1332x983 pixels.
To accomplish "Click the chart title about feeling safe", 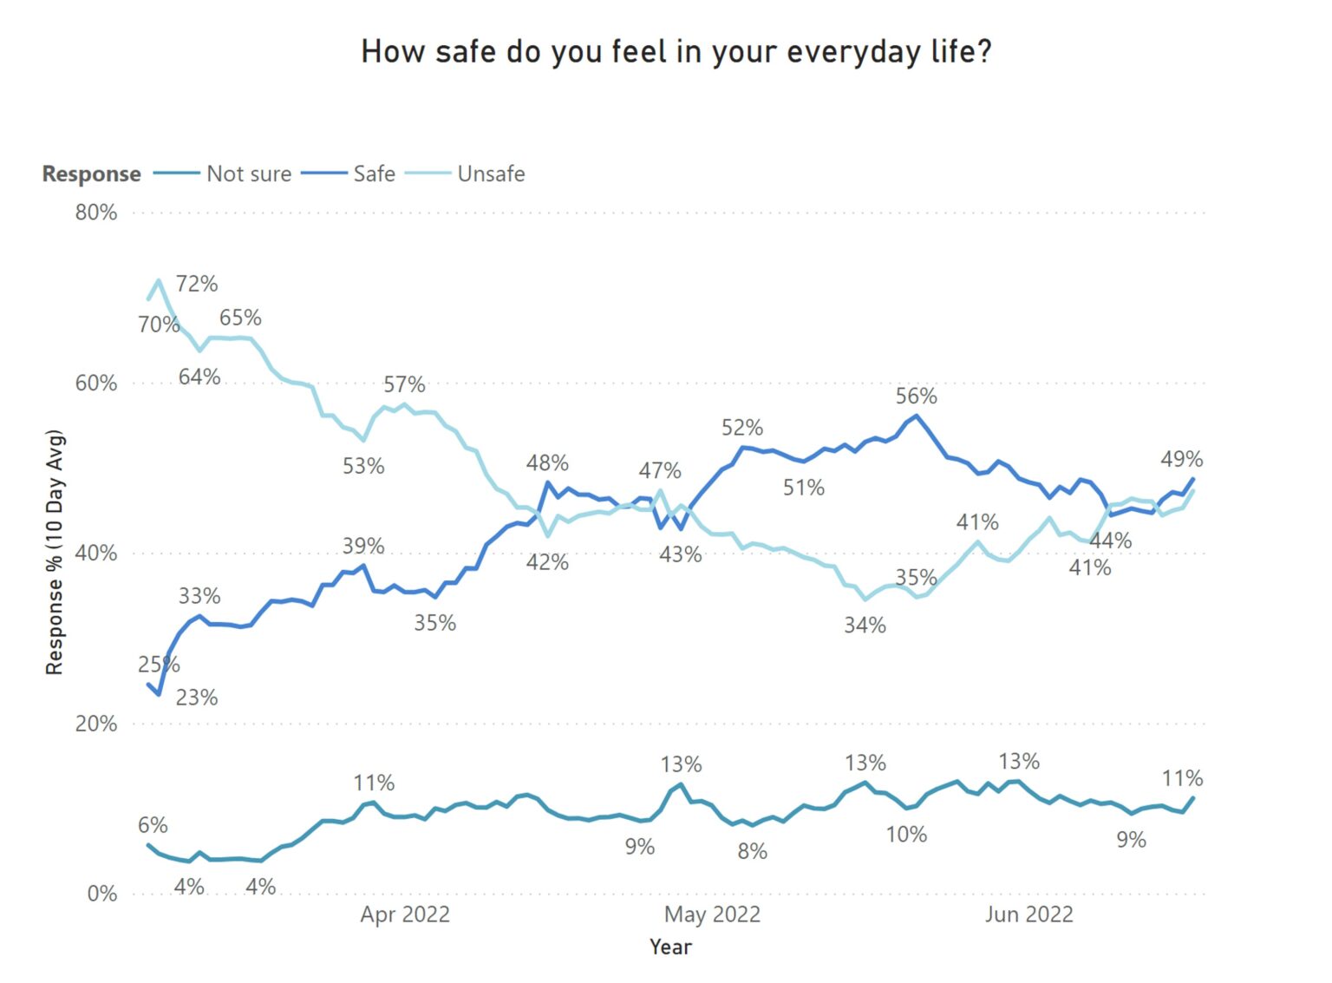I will click(676, 52).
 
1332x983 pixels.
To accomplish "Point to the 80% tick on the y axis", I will click(95, 213).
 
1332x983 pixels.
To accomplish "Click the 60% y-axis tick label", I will click(95, 383).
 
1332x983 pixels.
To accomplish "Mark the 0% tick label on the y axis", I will click(101, 894).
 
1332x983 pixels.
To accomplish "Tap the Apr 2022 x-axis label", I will click(405, 914).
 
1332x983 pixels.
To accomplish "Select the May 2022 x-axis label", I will click(712, 914).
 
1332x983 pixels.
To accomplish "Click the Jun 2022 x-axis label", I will click(1028, 914).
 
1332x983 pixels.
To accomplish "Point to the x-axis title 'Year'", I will click(670, 947).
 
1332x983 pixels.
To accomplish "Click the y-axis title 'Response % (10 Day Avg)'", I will click(55, 552).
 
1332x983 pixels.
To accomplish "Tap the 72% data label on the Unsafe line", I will click(197, 284).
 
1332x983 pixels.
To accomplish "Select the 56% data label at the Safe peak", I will click(916, 396).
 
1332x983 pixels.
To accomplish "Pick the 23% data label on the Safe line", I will click(197, 698).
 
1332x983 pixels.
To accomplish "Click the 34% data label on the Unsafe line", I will click(865, 626).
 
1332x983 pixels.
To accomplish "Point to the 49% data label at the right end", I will click(1181, 459).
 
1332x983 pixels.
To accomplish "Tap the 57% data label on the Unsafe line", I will click(404, 384).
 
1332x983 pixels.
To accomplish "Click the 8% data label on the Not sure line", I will click(752, 852).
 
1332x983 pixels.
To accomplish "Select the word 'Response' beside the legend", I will click(91, 174).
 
